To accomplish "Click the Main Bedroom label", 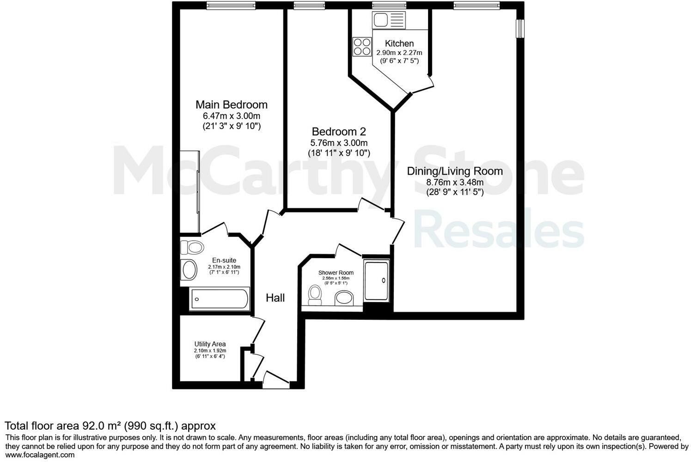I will tap(231, 105).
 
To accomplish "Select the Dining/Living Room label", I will tap(454, 171).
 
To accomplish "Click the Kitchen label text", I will tap(399, 43).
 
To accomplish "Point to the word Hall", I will tap(275, 298).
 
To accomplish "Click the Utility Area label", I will tap(210, 344).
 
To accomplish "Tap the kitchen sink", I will tap(388, 20).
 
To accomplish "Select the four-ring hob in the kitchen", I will tap(362, 46).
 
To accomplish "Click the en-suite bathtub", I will tap(219, 299).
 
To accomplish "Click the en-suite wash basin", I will tap(189, 270).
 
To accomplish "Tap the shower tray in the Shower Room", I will tap(376, 280).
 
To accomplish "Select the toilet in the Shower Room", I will tap(315, 294).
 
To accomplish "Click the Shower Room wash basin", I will tap(344, 298).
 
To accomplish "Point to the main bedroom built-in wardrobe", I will tap(190, 191).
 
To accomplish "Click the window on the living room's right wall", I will tap(520, 28).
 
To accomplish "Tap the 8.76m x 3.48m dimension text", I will tap(454, 182).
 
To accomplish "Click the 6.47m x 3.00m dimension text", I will tap(231, 116).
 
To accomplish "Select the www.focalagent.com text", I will tap(40, 455).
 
